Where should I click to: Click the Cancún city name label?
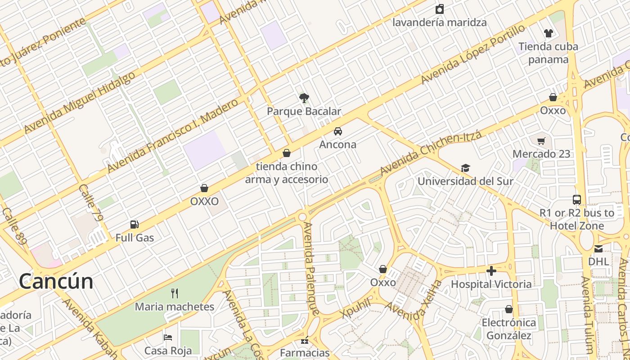tap(56, 282)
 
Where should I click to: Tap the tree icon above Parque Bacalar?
tap(304, 98)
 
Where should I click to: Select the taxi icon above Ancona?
tap(337, 131)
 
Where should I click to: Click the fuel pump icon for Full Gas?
tap(134, 224)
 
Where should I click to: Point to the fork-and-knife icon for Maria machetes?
tap(175, 293)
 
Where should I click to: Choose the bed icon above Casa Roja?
tap(168, 337)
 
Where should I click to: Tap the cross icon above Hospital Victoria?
tap(491, 271)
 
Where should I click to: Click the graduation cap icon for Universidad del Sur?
tap(465, 168)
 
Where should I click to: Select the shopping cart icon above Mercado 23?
tap(541, 141)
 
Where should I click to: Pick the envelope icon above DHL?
tap(598, 248)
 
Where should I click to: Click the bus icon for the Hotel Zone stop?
tap(576, 199)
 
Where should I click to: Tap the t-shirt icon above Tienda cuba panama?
tap(548, 33)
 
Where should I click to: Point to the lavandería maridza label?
tap(440, 22)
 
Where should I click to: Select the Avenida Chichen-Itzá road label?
tap(431, 153)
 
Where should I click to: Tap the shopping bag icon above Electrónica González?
tap(508, 309)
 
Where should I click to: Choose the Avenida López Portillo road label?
tap(473, 54)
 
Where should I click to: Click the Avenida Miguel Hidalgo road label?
tap(80, 102)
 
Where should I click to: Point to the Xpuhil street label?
tap(356, 308)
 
